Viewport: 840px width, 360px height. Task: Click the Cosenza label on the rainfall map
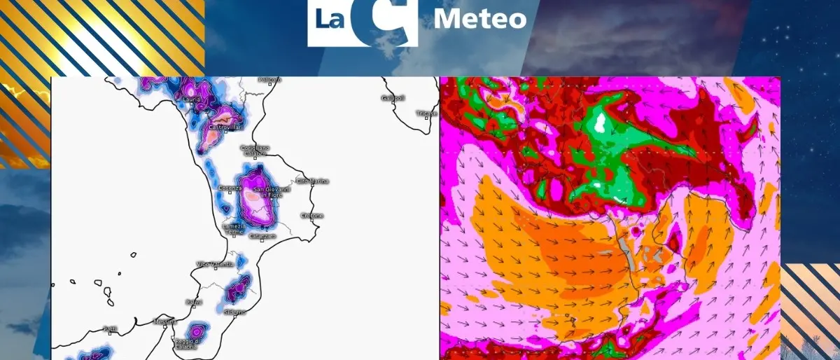click(x=230, y=188)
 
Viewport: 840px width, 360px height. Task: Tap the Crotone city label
click(x=311, y=215)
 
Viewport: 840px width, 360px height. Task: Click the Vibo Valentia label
click(x=213, y=264)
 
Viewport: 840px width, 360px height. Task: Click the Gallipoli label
click(x=393, y=98)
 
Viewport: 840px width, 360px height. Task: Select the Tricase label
click(x=426, y=113)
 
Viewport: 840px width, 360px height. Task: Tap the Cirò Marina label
click(x=311, y=181)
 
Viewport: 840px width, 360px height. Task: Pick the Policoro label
click(x=269, y=80)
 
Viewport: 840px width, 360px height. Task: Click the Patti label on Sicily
click(x=110, y=328)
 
